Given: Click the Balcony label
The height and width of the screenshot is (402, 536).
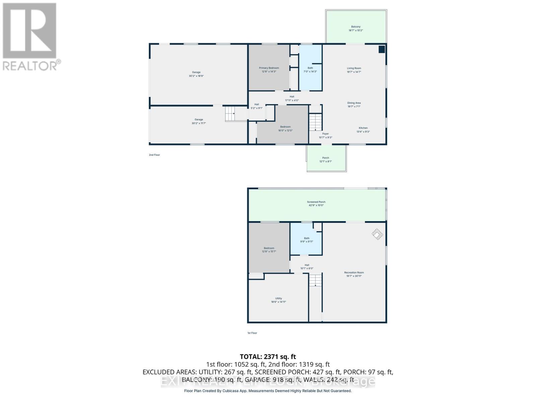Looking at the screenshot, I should (x=356, y=27).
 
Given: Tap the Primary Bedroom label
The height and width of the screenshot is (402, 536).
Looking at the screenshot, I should (x=269, y=68).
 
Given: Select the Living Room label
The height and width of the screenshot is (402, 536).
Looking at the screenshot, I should (x=354, y=68).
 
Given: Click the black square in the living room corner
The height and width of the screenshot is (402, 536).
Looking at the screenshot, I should (x=382, y=50).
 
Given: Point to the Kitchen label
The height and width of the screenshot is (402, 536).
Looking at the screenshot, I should (x=363, y=128).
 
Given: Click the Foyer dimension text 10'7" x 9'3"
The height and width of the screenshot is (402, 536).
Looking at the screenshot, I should (x=325, y=137).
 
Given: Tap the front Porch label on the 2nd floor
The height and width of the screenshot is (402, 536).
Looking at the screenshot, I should (x=325, y=158).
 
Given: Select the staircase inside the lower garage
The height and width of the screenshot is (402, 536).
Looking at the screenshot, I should (x=230, y=114).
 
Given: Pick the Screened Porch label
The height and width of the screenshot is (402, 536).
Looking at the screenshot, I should (x=316, y=202).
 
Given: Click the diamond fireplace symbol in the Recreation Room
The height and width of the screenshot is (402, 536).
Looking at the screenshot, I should (x=377, y=234).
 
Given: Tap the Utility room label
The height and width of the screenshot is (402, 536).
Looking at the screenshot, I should (x=278, y=298).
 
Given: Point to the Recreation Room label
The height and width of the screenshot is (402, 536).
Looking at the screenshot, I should (x=354, y=273).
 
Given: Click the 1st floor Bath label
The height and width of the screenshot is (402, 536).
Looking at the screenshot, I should (x=307, y=238).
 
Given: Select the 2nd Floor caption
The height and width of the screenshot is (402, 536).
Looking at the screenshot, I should (x=154, y=155).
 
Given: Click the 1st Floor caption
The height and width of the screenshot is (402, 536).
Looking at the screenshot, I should (x=252, y=333).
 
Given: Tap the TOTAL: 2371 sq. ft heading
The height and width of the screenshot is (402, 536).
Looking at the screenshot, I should (x=268, y=357).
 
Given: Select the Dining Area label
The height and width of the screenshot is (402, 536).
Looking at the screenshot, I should (x=354, y=103).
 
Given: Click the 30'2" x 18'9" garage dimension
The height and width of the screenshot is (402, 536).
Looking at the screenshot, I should (x=196, y=76).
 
